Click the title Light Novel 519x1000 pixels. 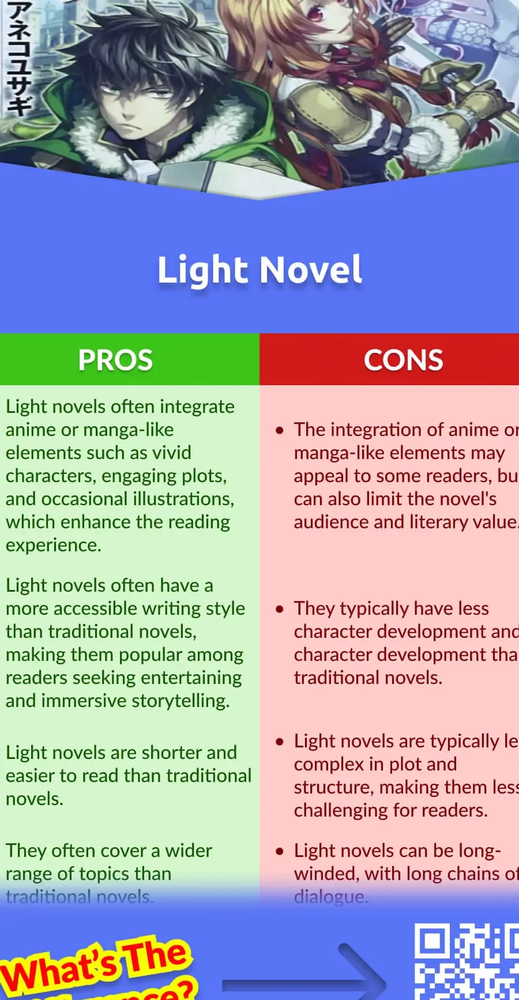pos(259,270)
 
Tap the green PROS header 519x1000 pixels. pos(115,360)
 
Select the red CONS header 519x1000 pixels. pos(403,360)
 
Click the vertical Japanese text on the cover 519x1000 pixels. pos(17,58)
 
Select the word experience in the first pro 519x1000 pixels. pos(53,545)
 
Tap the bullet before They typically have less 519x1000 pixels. pos(280,609)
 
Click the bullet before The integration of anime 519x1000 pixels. pos(280,430)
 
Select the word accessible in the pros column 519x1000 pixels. pos(95,608)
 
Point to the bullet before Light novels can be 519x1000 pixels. pos(280,851)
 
